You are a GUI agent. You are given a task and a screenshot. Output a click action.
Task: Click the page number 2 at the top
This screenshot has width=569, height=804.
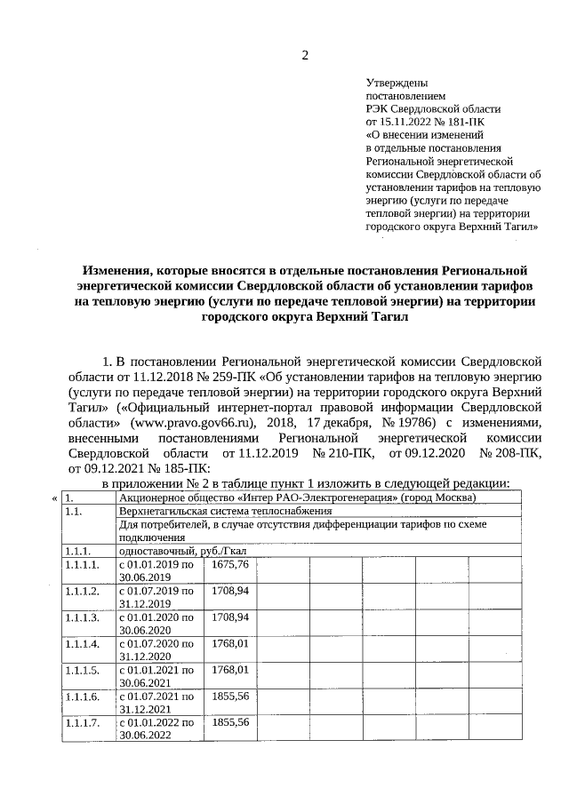[305, 56]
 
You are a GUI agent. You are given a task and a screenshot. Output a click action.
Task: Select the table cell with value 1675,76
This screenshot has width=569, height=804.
[230, 565]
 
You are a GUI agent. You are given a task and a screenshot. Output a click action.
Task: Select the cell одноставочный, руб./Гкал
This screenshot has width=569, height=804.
[183, 551]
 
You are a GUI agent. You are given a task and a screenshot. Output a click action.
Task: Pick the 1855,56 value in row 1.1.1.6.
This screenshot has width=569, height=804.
[230, 697]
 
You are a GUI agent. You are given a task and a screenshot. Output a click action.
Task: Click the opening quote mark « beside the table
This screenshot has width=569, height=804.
[55, 498]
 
